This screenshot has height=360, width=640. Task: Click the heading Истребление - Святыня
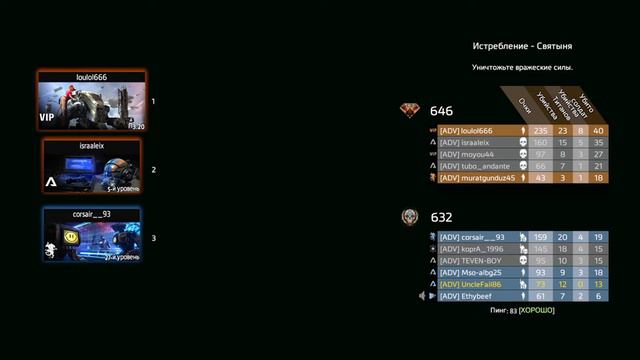[x=522, y=47]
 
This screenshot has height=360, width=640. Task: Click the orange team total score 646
[x=441, y=111]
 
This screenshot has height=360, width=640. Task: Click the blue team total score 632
[x=441, y=217]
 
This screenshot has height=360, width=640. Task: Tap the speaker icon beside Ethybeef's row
[x=421, y=296]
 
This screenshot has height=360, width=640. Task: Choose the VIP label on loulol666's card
[x=46, y=117]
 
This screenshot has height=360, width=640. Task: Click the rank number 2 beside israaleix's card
[x=154, y=170]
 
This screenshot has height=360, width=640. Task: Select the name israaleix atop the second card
[x=91, y=145]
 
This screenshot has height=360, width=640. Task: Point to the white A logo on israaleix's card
[x=49, y=183]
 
